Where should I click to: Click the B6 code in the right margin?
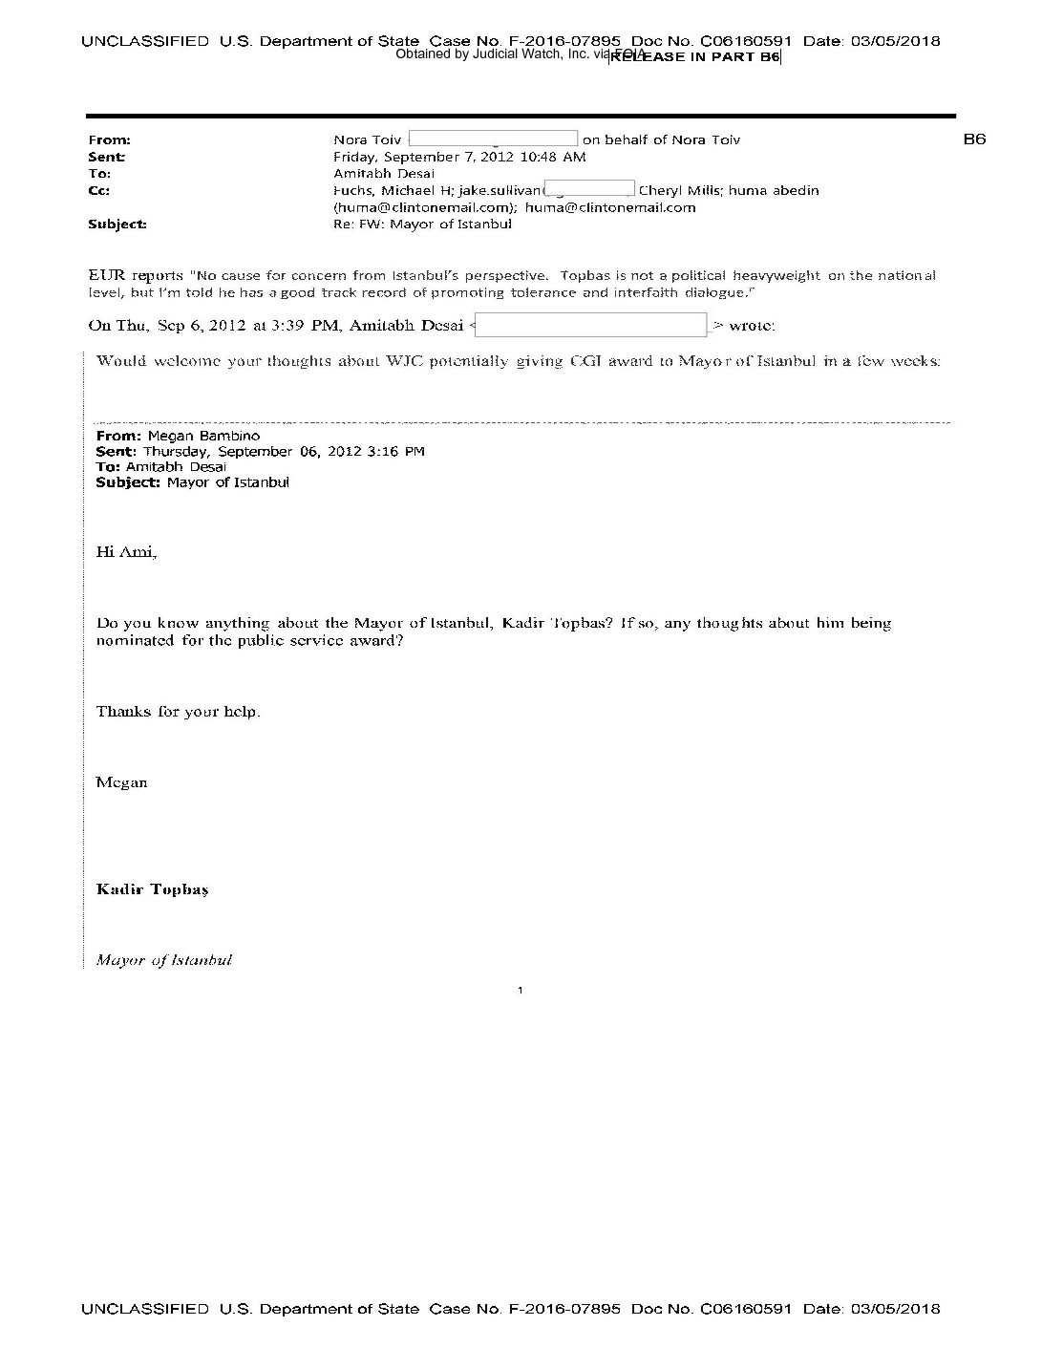(973, 139)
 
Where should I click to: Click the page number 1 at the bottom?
(520, 990)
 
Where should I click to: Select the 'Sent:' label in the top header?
(106, 157)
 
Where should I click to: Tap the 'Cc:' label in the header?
(98, 190)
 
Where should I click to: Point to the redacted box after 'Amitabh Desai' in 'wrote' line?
(591, 325)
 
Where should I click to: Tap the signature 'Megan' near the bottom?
(121, 782)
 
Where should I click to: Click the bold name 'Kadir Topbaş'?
(152, 889)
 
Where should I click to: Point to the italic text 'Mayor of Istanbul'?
(163, 960)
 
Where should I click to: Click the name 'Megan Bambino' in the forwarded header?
(203, 436)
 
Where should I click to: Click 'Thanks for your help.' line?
(178, 712)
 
